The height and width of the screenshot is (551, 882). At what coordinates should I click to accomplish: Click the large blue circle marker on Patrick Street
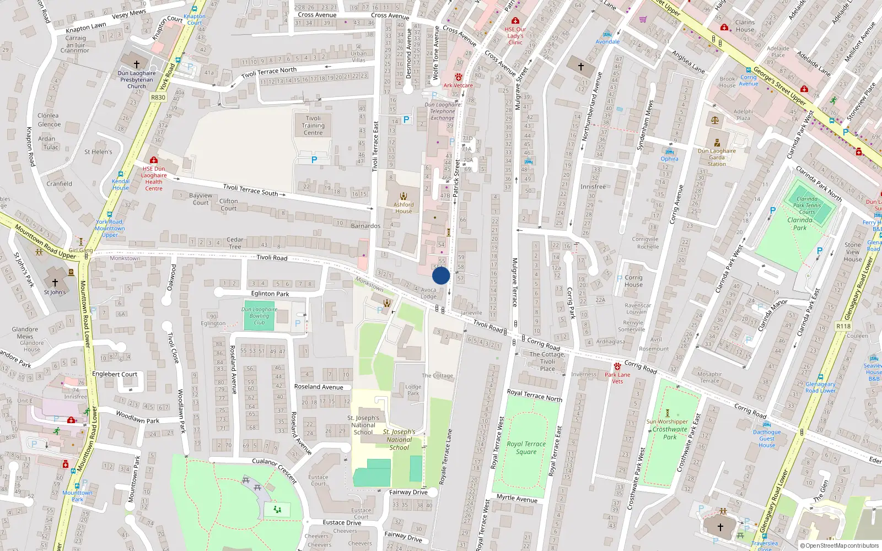tap(441, 275)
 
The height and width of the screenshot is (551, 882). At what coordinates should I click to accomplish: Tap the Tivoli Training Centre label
tap(313, 126)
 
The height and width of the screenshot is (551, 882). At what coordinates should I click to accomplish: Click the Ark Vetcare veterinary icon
tap(458, 78)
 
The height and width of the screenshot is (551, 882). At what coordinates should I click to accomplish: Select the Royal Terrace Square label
tap(526, 447)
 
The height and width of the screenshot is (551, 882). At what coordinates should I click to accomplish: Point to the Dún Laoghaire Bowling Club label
tap(259, 316)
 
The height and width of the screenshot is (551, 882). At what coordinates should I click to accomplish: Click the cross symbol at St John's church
tap(55, 282)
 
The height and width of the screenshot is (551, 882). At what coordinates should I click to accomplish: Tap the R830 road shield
tap(158, 98)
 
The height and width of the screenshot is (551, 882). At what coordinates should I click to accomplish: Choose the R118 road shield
tap(843, 326)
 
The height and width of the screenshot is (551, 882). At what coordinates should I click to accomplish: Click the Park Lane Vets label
tap(617, 378)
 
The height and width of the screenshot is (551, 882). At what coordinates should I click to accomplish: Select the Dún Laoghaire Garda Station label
tap(717, 157)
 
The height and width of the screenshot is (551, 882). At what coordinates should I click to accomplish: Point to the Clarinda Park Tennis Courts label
tap(807, 206)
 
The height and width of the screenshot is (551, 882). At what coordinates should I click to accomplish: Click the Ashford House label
tap(404, 208)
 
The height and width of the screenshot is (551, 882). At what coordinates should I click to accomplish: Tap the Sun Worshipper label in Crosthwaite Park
tap(667, 422)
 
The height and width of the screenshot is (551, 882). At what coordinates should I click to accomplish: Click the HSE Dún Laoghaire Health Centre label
tap(154, 179)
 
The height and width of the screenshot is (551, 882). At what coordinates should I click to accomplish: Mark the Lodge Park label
tap(413, 390)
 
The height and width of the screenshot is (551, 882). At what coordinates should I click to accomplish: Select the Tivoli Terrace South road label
tap(251, 190)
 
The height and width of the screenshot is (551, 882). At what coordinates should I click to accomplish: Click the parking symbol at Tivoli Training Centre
tap(314, 160)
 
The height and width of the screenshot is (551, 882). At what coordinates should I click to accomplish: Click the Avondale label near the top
tap(607, 41)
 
